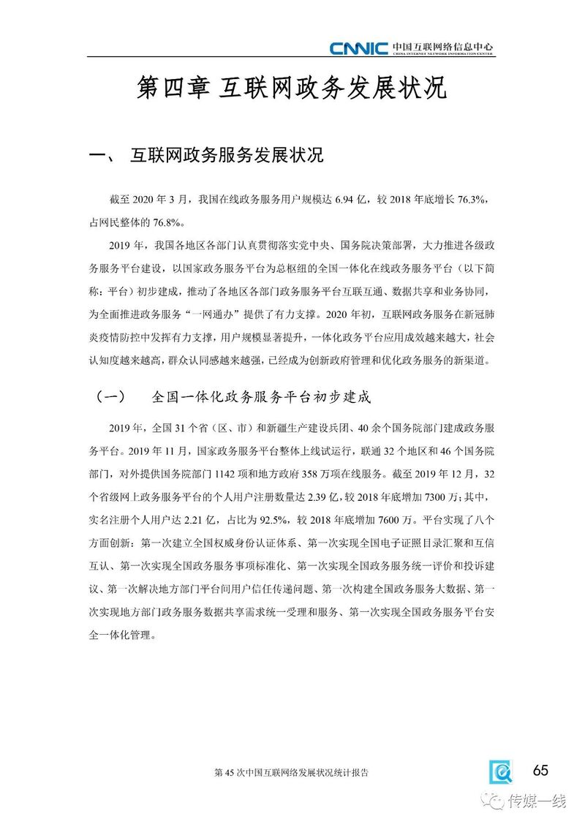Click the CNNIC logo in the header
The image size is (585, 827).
(358, 49)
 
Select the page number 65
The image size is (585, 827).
(540, 770)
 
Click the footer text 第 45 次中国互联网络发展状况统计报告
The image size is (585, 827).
(292, 772)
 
